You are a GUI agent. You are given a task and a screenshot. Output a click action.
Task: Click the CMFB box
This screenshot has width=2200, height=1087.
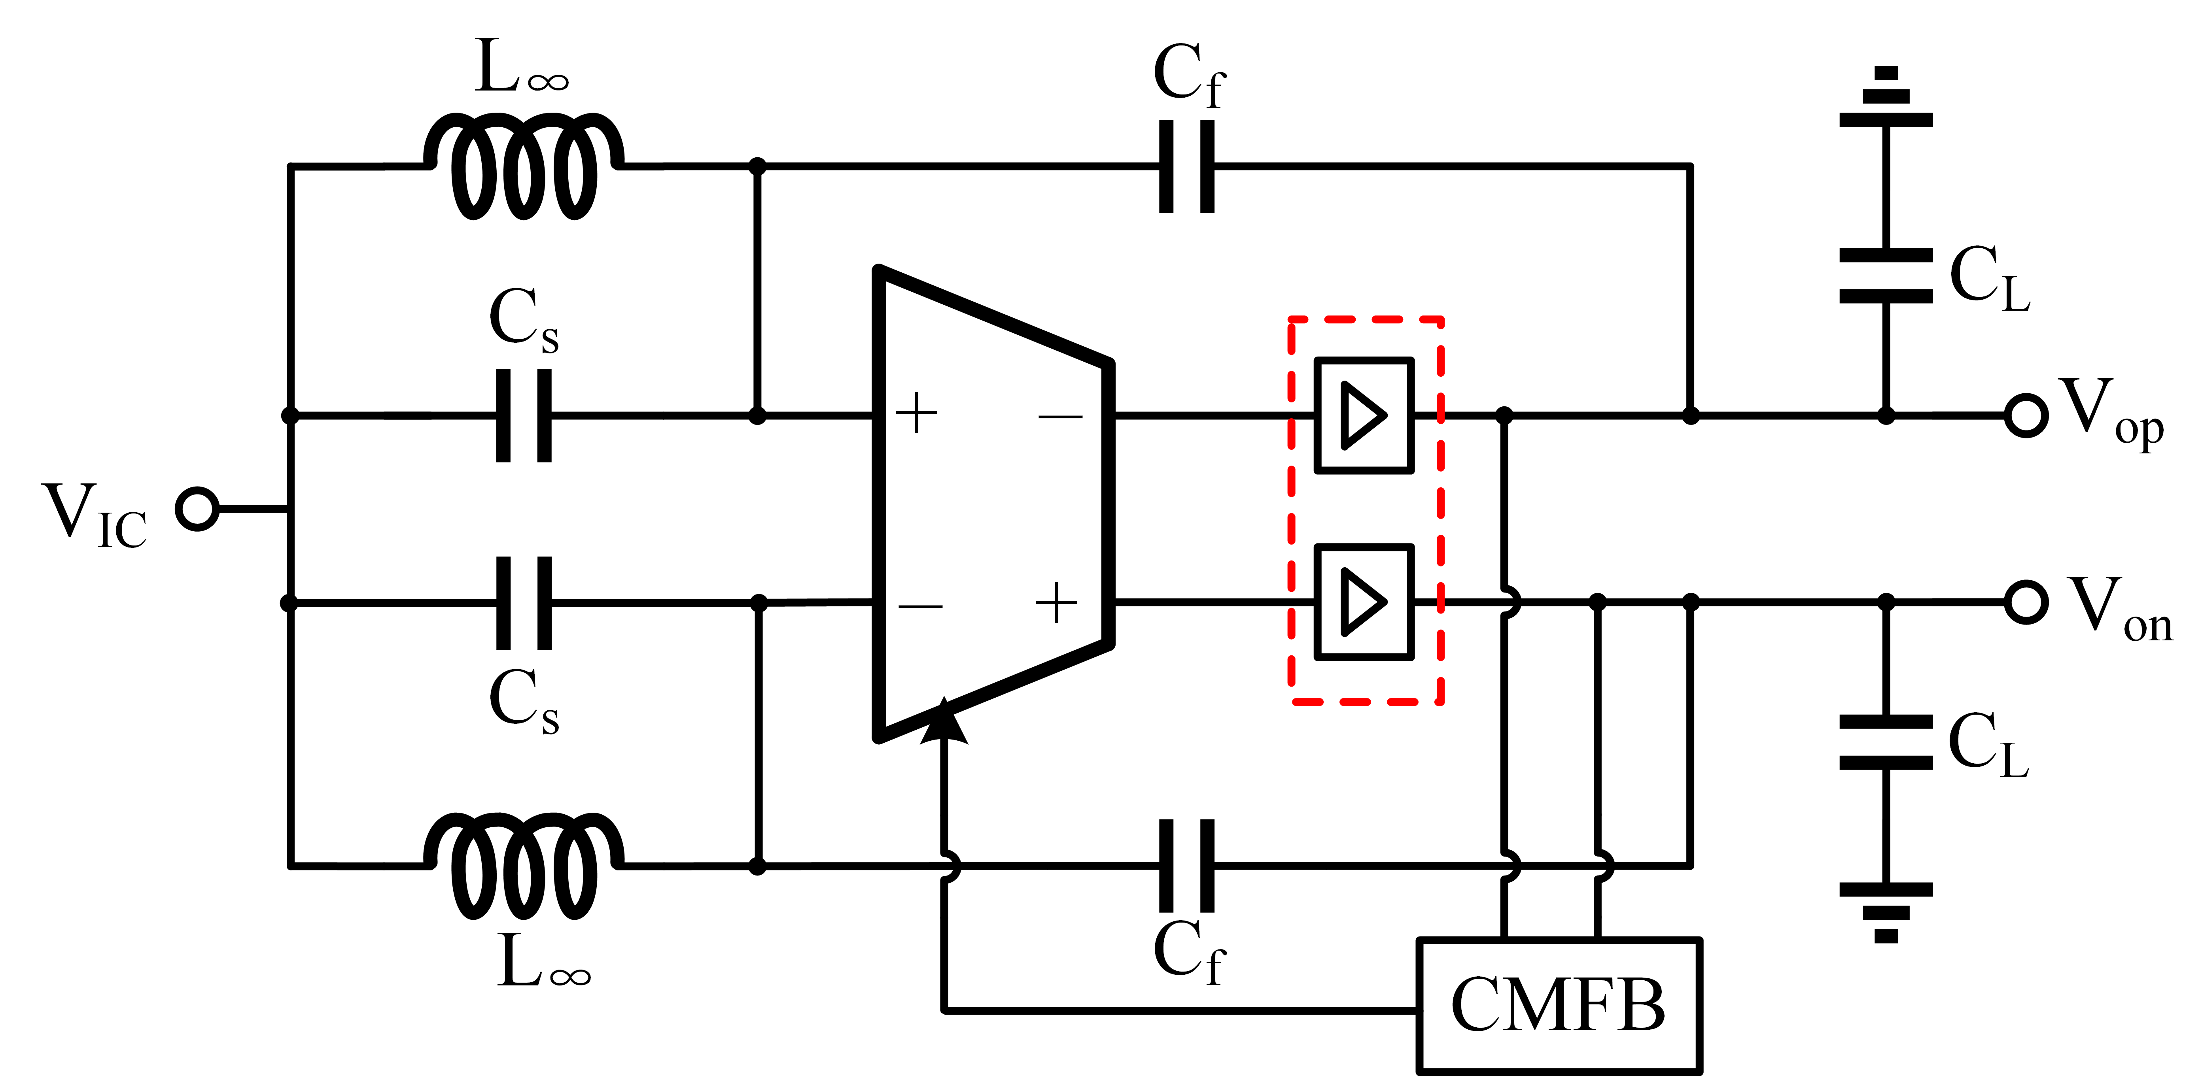pos(1559,1005)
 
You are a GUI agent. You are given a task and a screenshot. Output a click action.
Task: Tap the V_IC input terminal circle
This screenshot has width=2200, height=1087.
pos(197,509)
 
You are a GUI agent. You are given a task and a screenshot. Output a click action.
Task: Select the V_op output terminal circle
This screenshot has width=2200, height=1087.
pos(2026,416)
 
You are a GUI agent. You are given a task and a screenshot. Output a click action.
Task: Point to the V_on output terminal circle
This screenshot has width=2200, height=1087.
pos(2026,602)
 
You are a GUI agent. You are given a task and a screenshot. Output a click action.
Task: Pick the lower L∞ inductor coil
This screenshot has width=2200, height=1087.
pos(523,865)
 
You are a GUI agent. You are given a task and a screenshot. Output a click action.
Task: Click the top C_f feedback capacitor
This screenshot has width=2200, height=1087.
pos(1186,166)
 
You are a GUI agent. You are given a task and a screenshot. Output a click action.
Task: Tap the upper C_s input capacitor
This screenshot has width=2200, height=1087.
pos(524,416)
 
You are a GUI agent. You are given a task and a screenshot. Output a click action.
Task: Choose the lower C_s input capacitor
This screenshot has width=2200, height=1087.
pos(524,603)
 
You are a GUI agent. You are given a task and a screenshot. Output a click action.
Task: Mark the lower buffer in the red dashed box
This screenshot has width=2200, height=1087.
pos(1364,602)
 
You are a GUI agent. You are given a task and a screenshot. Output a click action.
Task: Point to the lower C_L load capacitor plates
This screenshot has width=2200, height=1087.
pos(1886,742)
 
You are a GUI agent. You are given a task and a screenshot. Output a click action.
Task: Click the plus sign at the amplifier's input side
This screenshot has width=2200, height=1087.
pos(916,414)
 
